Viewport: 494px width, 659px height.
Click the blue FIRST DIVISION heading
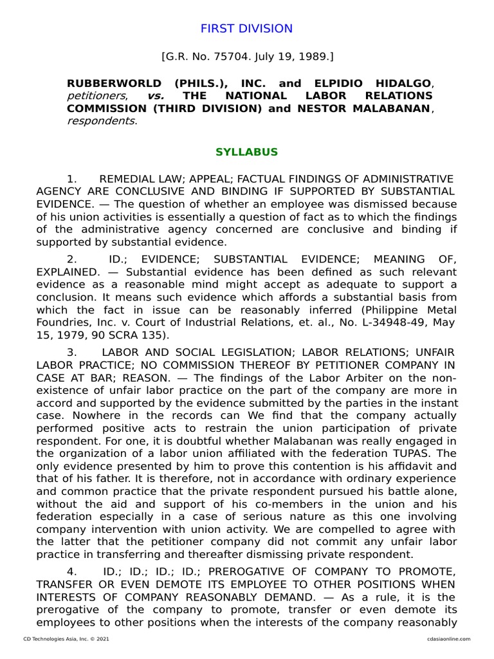246,29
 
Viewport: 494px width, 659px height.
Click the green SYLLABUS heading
246,153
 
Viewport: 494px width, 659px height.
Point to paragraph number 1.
72,178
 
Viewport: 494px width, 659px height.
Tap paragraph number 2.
72,259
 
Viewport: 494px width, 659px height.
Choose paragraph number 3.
72,352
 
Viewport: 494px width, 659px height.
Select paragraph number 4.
72,572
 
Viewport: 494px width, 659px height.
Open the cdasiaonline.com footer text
448,639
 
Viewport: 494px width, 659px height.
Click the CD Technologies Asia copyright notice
61,639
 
